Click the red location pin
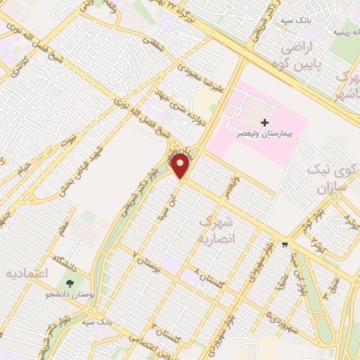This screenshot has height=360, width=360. (181, 166)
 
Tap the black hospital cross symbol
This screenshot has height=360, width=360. (264, 122)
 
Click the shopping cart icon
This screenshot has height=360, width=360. (284, 245)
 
